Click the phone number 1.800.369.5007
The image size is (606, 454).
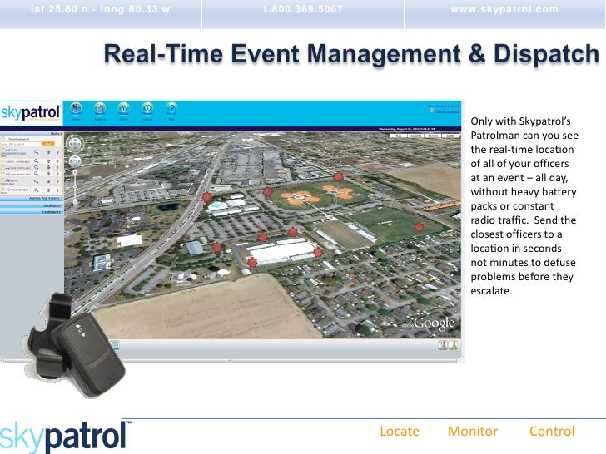pyautogui.click(x=303, y=9)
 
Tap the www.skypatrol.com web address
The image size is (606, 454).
pyautogui.click(x=504, y=9)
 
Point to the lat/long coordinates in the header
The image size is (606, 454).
pyautogui.click(x=100, y=9)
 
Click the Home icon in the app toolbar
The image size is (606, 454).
pyautogui.click(x=76, y=109)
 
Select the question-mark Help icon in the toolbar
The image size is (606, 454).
pyautogui.click(x=171, y=109)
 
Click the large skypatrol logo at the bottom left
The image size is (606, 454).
pyautogui.click(x=65, y=436)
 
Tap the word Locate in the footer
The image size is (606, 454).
pyautogui.click(x=400, y=431)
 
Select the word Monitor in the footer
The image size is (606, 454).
pyautogui.click(x=473, y=431)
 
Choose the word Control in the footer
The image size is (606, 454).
pyautogui.click(x=552, y=431)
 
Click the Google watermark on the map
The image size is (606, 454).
pyautogui.click(x=434, y=323)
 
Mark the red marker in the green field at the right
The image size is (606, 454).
pyautogui.click(x=419, y=225)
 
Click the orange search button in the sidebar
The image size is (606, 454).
pyautogui.click(x=48, y=144)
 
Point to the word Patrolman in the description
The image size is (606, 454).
pyautogui.click(x=497, y=134)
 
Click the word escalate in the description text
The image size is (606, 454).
pyautogui.click(x=493, y=291)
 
